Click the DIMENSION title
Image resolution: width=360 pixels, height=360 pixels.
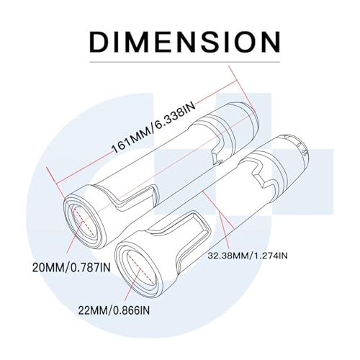coord(185,42)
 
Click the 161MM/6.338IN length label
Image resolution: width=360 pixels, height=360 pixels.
coord(154,128)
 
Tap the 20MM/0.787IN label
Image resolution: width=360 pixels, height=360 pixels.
coord(71,268)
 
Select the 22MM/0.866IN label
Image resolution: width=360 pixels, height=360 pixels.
coord(114,311)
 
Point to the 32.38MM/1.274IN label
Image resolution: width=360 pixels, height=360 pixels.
coord(248,256)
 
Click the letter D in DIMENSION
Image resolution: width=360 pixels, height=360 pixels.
coord(98,42)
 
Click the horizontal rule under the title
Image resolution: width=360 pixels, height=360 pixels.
coord(184,62)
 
